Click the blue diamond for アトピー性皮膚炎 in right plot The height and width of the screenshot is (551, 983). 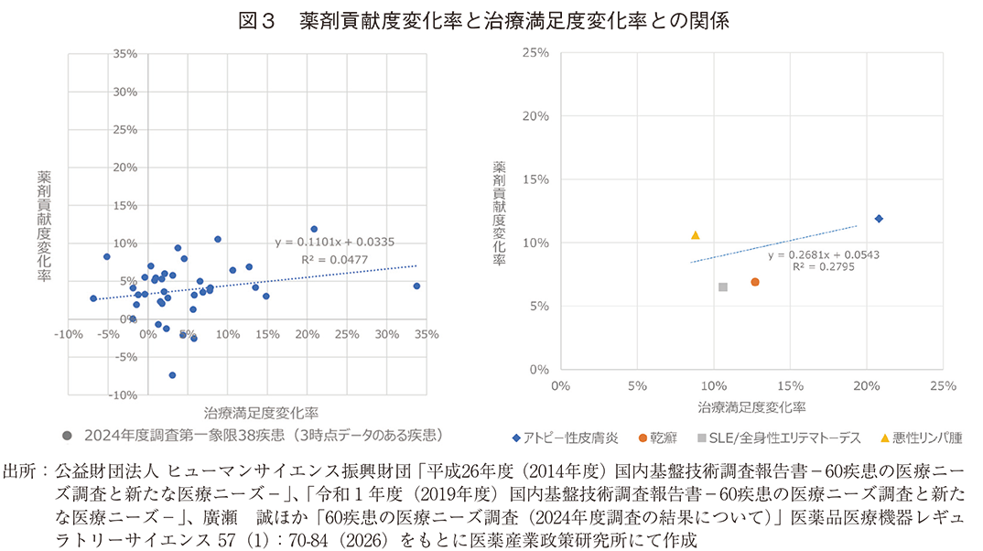tap(879, 219)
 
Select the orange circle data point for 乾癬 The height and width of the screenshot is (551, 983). tap(755, 282)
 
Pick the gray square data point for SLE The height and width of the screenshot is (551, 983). tap(723, 287)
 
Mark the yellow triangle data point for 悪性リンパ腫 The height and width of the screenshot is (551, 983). tap(696, 235)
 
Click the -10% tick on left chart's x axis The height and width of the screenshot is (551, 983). tap(68, 335)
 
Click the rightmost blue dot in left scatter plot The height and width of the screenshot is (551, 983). tap(416, 286)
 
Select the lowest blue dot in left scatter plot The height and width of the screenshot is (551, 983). tap(172, 375)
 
